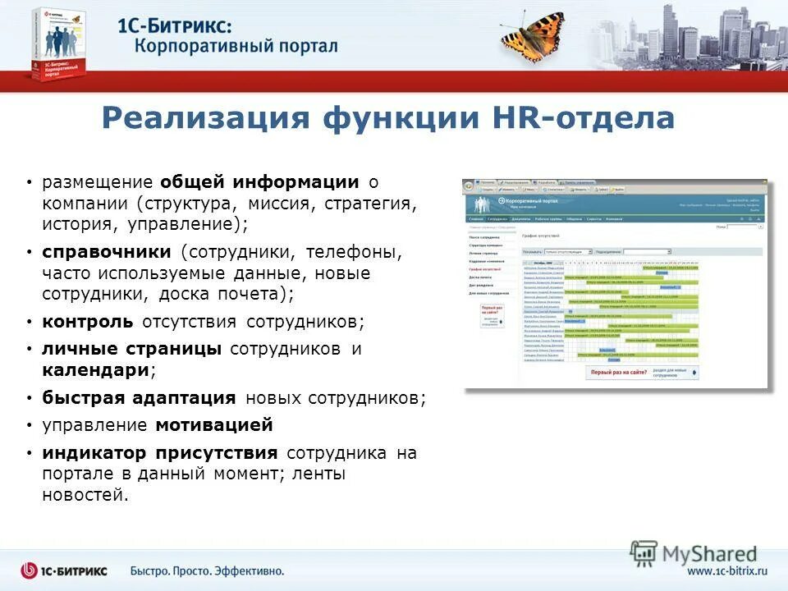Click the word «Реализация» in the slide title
[x=204, y=118]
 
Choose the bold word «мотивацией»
[x=214, y=425]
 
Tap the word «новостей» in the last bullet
[x=85, y=494]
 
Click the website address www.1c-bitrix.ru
[x=727, y=570]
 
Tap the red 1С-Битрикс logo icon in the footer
[x=30, y=570]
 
